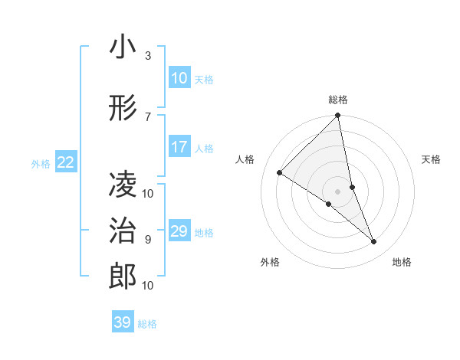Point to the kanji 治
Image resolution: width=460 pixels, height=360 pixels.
123,231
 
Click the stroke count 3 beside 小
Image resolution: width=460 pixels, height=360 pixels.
148,56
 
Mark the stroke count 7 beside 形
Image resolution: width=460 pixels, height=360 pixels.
148,116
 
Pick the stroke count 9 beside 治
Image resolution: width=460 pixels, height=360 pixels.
148,239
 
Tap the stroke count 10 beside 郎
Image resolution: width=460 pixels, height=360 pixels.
148,285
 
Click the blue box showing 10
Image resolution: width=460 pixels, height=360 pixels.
179,78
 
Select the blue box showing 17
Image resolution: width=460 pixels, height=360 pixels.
179,147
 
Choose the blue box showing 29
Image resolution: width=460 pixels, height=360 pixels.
179,231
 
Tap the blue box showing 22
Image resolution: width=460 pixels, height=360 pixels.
66,162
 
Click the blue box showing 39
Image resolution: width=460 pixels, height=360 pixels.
122,322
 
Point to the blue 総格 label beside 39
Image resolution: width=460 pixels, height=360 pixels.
147,324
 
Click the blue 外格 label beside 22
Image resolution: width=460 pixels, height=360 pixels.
41,163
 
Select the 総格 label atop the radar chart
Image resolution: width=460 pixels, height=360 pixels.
338,100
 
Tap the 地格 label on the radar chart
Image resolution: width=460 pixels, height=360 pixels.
402,262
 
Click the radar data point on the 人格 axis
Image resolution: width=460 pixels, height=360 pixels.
280,173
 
